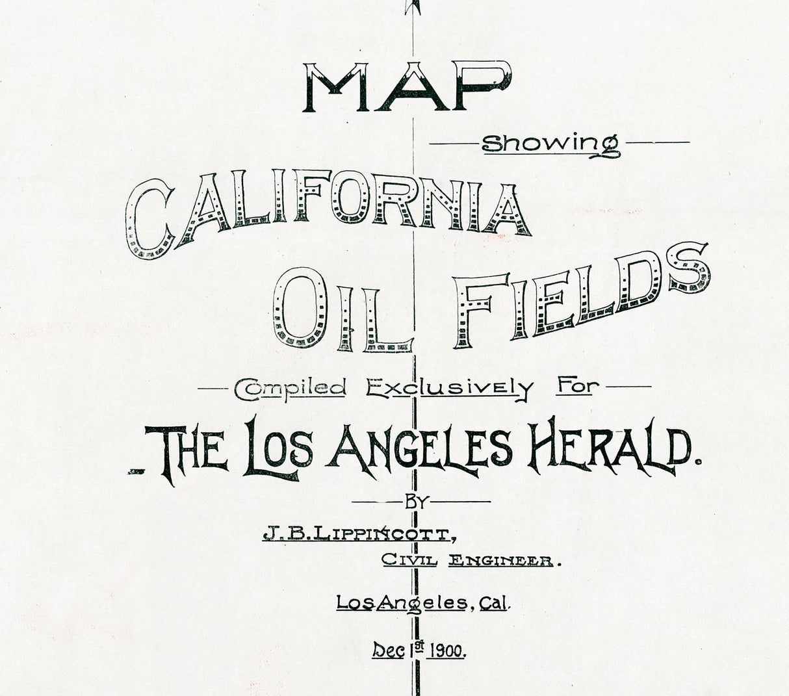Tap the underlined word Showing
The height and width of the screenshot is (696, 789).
coord(550,144)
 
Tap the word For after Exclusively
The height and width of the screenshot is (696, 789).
coord(576,387)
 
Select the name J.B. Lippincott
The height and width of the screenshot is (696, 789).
coord(355,534)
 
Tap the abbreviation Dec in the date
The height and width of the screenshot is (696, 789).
coord(386,649)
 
